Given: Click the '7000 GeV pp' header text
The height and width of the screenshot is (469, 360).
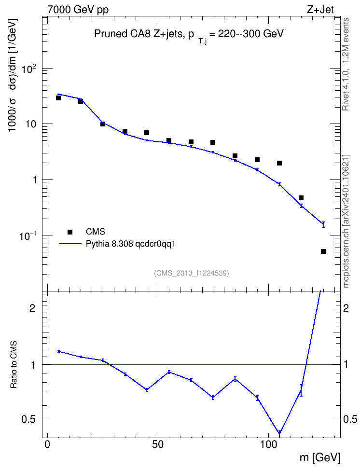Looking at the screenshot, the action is point(78,10).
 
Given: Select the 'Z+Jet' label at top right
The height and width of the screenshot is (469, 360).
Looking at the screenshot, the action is point(320,10).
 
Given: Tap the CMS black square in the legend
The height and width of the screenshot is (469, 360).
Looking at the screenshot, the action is point(70,232).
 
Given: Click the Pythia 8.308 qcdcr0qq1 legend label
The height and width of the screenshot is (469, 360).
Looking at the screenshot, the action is point(130,244).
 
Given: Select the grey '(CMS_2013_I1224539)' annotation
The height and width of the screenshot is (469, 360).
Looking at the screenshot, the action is point(192,273).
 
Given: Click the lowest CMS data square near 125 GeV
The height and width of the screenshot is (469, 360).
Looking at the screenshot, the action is point(323,251).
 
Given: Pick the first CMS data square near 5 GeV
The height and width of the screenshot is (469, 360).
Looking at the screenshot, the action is point(58,98).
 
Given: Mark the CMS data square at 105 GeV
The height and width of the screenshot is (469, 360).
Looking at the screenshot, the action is point(279,163).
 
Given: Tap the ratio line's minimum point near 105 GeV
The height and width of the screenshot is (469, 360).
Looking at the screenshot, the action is point(279,433).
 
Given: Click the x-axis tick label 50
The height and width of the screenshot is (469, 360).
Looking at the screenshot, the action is point(158,444).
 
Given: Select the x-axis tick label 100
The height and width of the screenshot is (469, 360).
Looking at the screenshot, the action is point(268,444).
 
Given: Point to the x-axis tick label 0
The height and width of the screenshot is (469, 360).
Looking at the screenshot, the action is point(47,444).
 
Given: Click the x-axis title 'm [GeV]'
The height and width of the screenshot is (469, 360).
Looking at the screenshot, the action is point(320,457).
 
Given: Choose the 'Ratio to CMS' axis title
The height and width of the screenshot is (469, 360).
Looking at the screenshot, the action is point(14,365).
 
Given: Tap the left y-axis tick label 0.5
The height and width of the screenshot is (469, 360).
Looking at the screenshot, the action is point(29,420).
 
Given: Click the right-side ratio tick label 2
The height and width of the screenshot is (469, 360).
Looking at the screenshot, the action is point(346,308).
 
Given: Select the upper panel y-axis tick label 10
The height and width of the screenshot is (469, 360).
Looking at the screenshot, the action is point(30,124).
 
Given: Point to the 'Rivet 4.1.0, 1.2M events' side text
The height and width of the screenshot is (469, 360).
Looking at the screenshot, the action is point(346,64).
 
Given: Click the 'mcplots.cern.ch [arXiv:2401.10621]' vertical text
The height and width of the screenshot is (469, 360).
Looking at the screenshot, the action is point(346,221).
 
